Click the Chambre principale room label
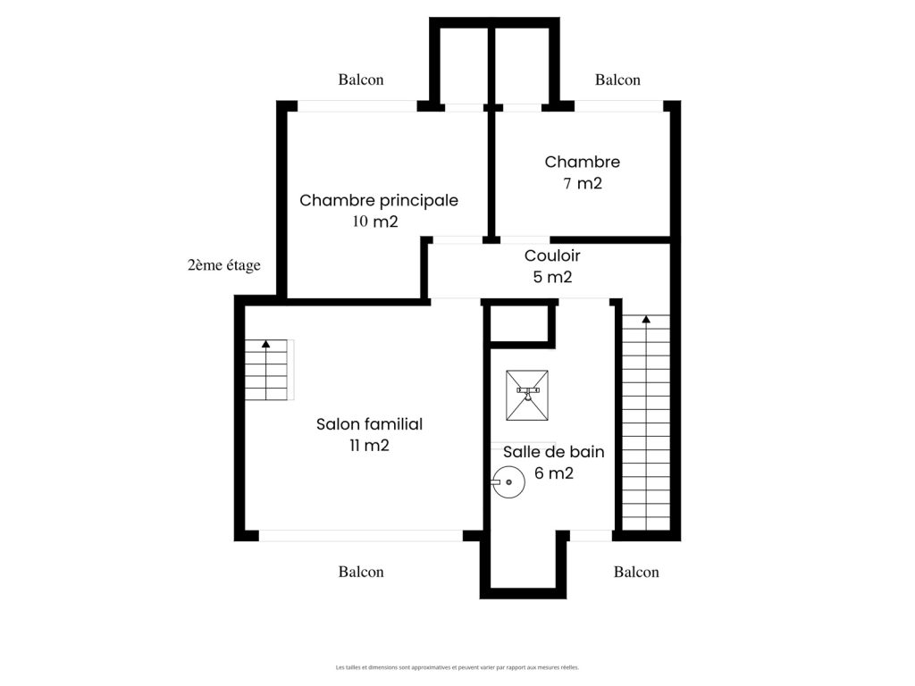(x=379, y=201)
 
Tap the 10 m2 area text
(x=375, y=222)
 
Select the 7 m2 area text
(x=583, y=183)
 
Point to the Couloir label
(x=552, y=255)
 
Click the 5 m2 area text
(x=552, y=277)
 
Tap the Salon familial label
(x=369, y=424)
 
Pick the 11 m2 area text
(x=369, y=446)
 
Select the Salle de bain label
(x=554, y=451)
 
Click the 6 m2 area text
(x=554, y=473)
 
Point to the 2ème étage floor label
(x=224, y=265)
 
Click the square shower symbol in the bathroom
(x=527, y=396)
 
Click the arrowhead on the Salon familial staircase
(x=266, y=344)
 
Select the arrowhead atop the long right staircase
(x=646, y=319)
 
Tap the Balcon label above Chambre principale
(x=361, y=79)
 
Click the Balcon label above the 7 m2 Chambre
(x=618, y=79)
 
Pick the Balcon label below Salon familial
(x=361, y=572)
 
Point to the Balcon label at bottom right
(x=636, y=572)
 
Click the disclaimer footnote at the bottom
(x=457, y=667)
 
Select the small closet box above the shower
(x=519, y=323)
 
